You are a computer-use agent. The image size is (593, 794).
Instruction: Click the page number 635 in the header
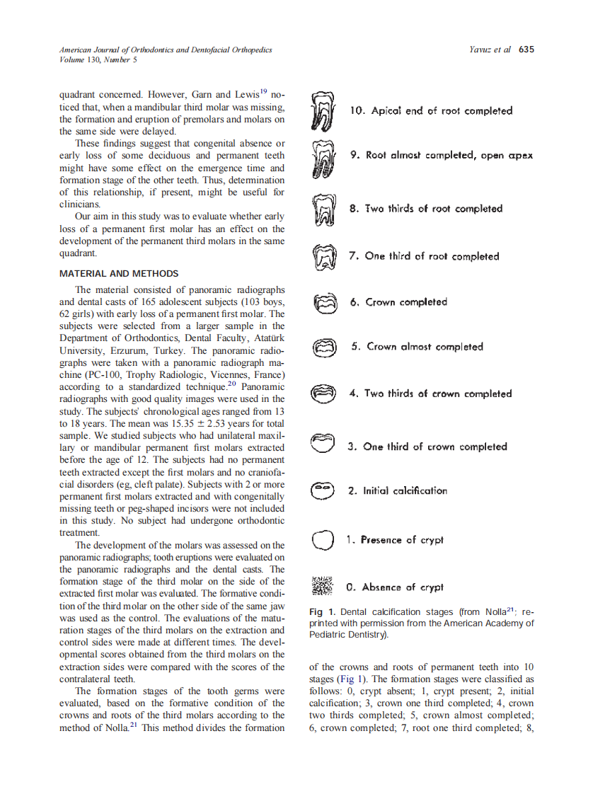point(526,50)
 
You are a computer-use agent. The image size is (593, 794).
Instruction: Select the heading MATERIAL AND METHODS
point(119,273)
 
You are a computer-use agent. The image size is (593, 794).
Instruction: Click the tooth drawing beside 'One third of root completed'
point(323,258)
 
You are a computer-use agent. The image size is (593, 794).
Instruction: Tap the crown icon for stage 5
point(323,347)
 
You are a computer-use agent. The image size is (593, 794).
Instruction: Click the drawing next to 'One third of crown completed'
point(323,443)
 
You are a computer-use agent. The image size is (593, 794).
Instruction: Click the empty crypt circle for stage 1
point(323,541)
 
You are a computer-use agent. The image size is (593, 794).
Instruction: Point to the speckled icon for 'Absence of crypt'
point(322,587)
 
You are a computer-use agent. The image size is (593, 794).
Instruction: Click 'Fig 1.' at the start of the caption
point(322,612)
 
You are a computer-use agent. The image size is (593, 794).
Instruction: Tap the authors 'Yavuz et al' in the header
point(490,50)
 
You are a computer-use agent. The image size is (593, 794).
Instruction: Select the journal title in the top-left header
point(166,50)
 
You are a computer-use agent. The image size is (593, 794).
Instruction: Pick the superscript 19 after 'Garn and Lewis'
point(263,91)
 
